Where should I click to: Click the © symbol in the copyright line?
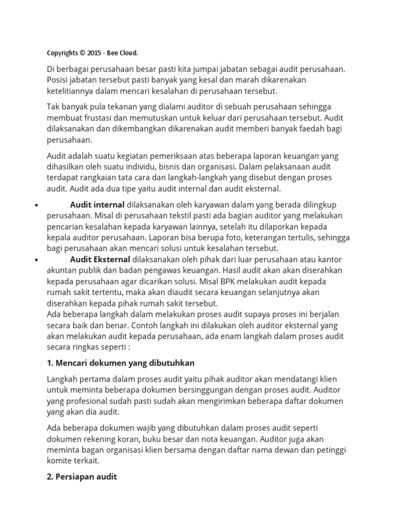point(83,53)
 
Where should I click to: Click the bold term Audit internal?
point(97,204)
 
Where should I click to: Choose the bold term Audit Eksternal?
point(101,259)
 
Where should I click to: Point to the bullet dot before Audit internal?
point(36,205)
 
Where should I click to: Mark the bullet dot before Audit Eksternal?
point(36,259)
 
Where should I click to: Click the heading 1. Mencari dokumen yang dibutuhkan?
point(121,362)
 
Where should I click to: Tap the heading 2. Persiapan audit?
point(82,476)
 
